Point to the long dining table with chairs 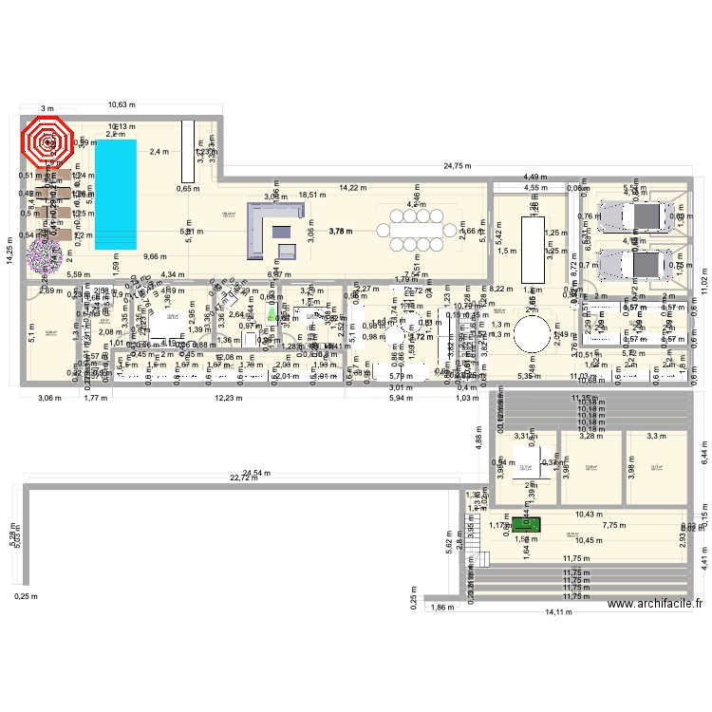click(x=417, y=229)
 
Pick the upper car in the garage click(x=643, y=216)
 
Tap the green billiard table click(x=526, y=524)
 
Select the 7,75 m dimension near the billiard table click(x=615, y=525)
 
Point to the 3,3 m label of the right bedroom click(x=656, y=436)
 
